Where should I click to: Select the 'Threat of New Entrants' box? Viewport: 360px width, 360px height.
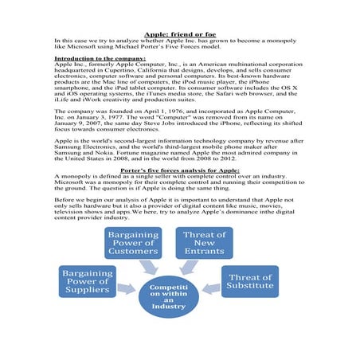205,244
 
